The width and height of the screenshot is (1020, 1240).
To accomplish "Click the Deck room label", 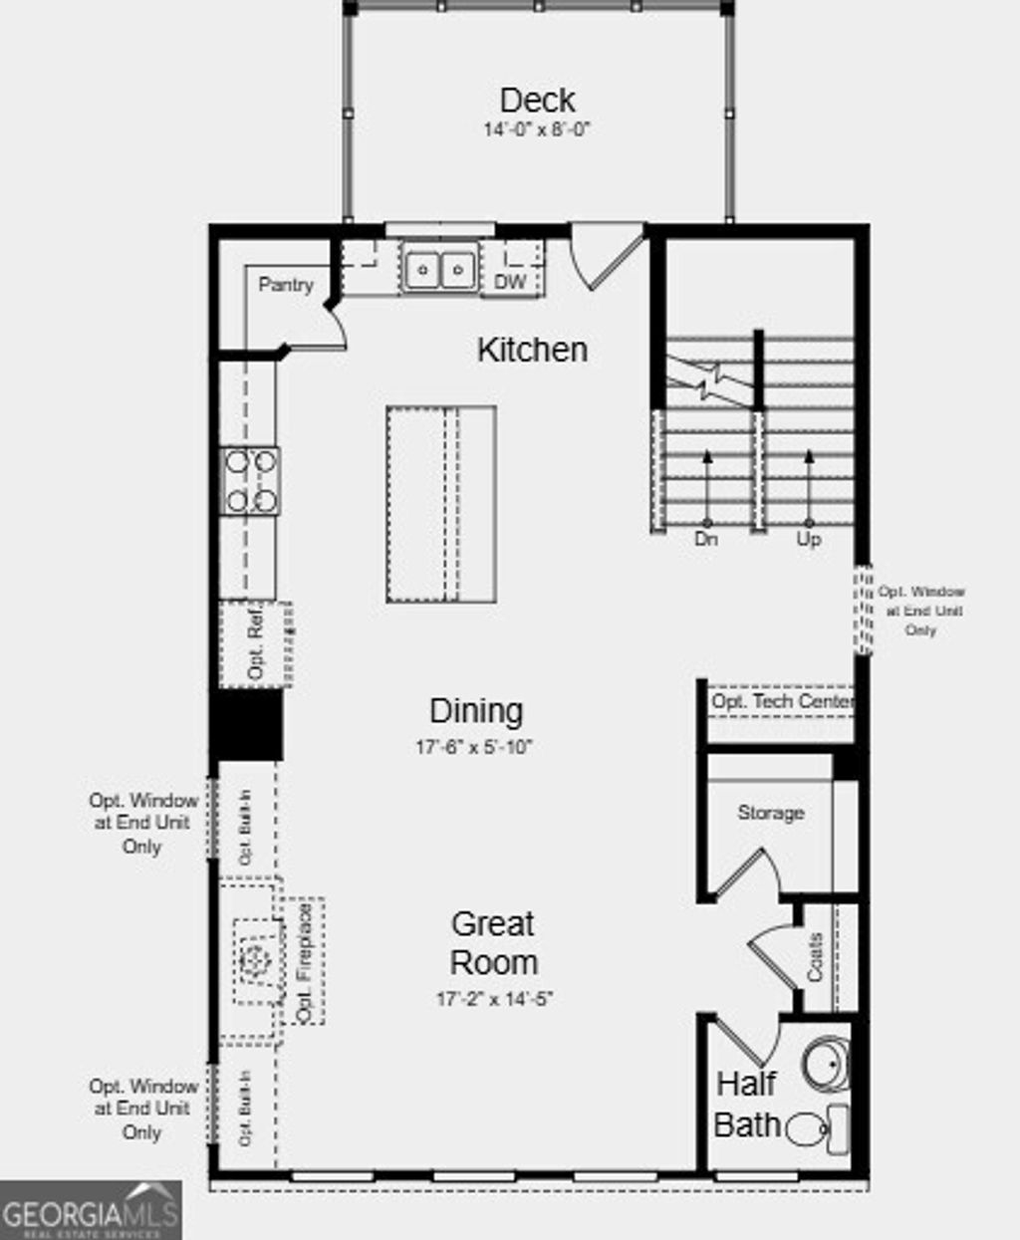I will (537, 100).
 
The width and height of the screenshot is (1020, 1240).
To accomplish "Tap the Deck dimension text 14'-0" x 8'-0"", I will (537, 129).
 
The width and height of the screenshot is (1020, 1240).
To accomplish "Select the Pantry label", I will (286, 285).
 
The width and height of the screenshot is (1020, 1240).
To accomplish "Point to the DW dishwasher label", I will (510, 282).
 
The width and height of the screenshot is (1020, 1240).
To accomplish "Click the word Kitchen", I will (532, 350).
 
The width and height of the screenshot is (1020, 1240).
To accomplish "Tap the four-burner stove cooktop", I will (250, 481).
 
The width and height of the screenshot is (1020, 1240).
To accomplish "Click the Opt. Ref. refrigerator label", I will (256, 644).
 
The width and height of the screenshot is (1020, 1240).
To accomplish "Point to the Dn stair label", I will (705, 540).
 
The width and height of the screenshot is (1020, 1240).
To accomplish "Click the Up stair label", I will (808, 540).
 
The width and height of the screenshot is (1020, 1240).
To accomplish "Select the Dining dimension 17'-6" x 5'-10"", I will (474, 747).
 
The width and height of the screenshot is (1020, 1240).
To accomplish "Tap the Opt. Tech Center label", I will (781, 702).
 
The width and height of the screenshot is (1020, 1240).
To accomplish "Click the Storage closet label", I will (770, 813).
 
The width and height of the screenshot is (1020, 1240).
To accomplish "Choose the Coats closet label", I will (816, 957).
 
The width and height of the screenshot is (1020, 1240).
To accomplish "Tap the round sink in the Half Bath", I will (827, 1064).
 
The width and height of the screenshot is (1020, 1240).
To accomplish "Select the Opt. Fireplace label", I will (305, 961).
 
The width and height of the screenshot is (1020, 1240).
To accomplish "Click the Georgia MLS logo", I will (91, 1211).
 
